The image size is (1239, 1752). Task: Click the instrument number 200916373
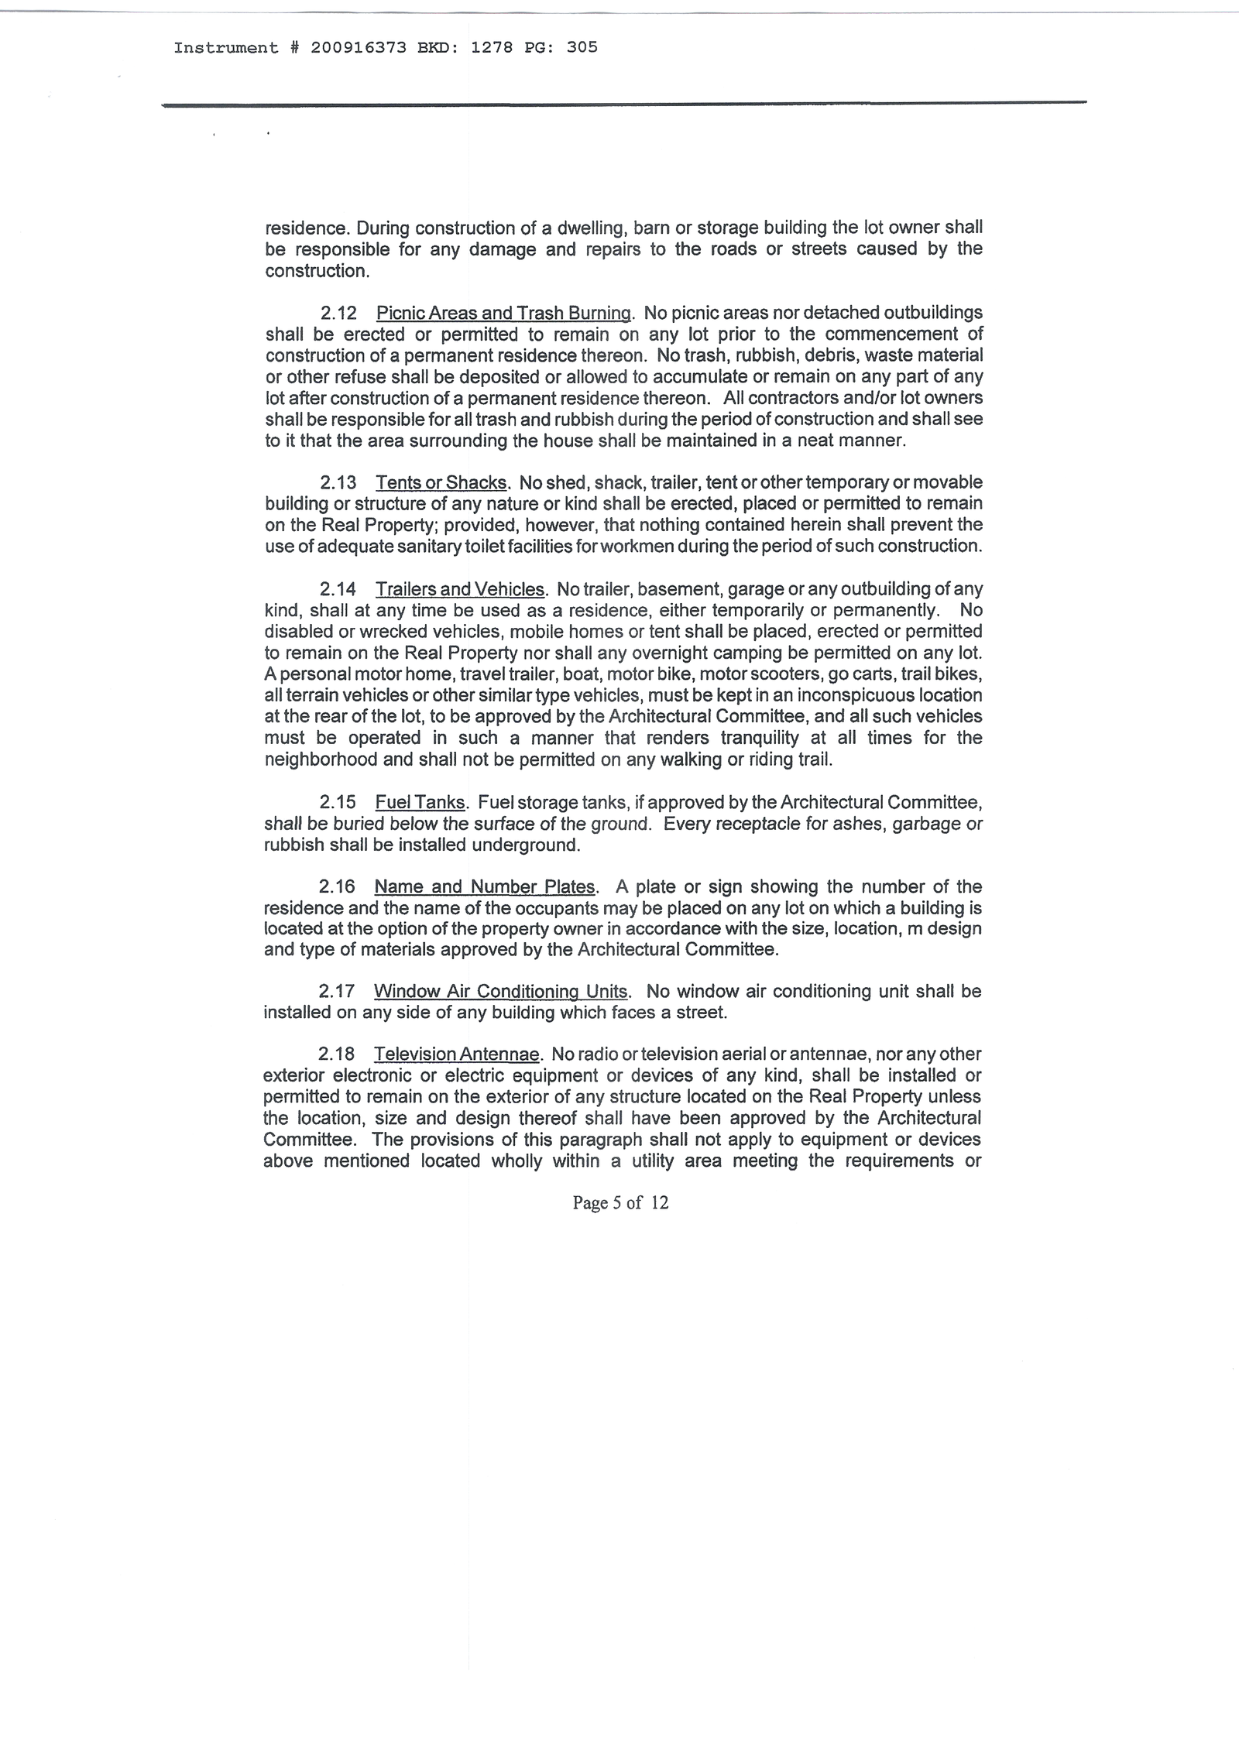tap(359, 48)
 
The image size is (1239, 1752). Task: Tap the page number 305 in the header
tap(582, 48)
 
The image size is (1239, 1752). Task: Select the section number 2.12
tap(338, 314)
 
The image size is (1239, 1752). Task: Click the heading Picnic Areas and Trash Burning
tap(504, 314)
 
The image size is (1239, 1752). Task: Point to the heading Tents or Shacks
tap(441, 483)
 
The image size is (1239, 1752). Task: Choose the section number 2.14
tap(338, 590)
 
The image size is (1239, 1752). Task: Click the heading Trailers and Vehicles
tap(461, 590)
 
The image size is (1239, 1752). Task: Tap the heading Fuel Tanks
tap(420, 803)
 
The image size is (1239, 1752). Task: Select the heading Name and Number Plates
tap(485, 887)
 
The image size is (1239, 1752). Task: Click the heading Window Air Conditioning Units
tap(501, 992)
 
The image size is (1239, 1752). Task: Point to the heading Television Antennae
tap(457, 1054)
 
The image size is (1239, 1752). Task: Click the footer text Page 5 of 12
tap(620, 1202)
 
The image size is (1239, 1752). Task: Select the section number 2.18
tap(337, 1054)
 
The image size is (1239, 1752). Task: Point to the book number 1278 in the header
tap(492, 48)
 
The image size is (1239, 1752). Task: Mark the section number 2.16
tap(337, 887)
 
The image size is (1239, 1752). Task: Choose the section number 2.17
tap(337, 992)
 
